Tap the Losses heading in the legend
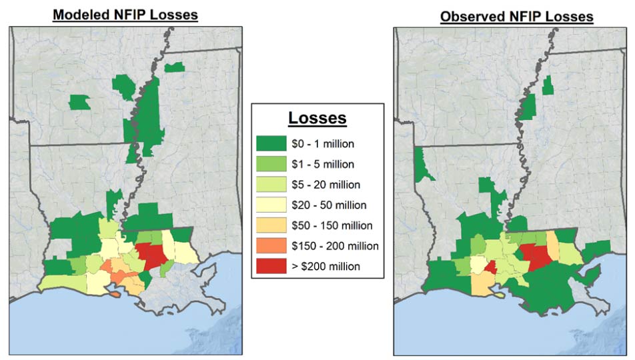pyautogui.click(x=317, y=118)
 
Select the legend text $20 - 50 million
pyautogui.click(x=330, y=205)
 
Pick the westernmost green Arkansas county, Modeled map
pyautogui.click(x=80, y=102)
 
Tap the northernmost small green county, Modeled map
pyautogui.click(x=174, y=67)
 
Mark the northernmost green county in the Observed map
pyautogui.click(x=548, y=86)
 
